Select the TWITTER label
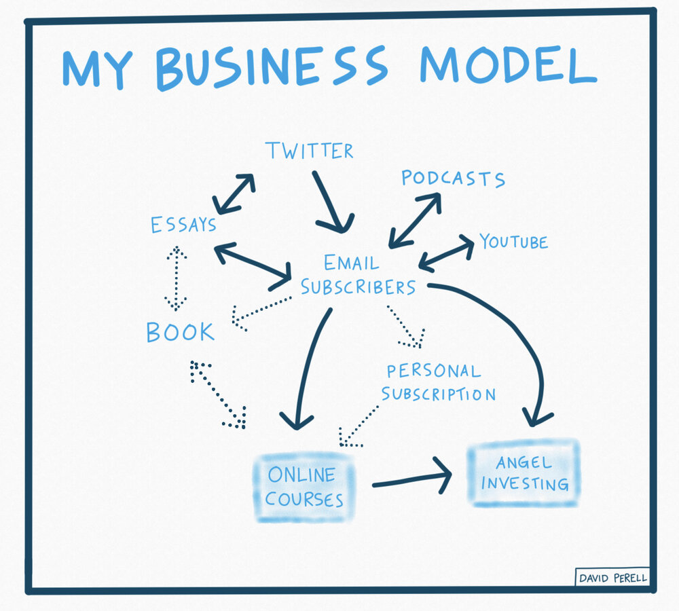310,150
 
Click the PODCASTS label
453,179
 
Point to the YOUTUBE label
513,241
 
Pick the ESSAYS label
183,224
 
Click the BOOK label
180,332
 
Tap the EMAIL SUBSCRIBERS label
358,275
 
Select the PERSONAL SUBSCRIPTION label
438,382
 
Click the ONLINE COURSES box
304,487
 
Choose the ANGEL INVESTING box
523,473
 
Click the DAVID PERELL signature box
612,578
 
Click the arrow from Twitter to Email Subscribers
332,202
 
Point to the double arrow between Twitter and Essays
234,193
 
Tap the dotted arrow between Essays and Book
176,278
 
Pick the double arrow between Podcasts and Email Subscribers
414,220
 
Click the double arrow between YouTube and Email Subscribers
446,253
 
